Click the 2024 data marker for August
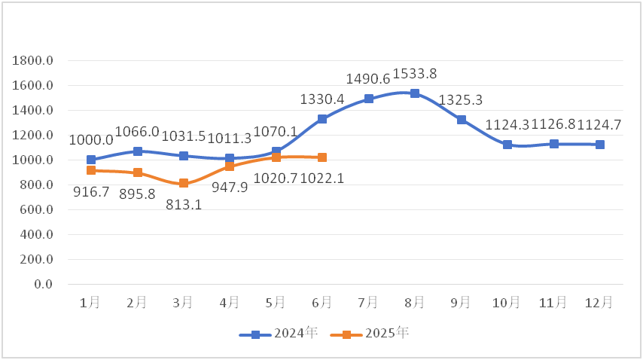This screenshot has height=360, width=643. tap(415, 93)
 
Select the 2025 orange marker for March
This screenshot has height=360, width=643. tap(184, 183)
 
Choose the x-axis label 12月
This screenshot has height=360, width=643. tap(599, 302)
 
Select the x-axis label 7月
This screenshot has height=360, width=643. tap(369, 302)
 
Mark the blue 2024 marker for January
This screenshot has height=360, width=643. tap(91, 160)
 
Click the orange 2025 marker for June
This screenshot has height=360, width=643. tap(322, 157)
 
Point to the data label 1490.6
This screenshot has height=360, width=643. tap(368, 79)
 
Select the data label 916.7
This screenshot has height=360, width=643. tap(91, 192)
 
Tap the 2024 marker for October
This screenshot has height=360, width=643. tap(507, 145)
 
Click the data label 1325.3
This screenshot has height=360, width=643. tap(461, 99)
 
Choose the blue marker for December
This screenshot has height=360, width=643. tap(600, 145)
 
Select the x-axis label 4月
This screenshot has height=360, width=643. tap(230, 302)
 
